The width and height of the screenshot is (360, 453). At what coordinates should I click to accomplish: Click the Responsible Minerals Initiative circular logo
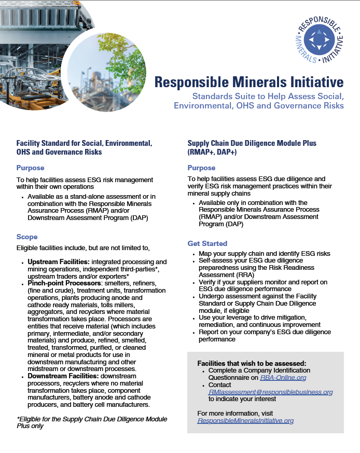click(319, 40)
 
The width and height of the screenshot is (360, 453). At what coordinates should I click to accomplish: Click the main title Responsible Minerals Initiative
click(249, 82)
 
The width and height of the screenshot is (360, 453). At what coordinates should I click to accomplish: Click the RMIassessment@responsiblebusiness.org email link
click(270, 392)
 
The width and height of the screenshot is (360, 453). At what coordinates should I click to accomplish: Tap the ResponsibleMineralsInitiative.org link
click(245, 421)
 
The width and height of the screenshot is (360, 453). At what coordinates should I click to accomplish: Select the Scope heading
click(27, 237)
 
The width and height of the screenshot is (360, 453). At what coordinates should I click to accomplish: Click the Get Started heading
click(207, 243)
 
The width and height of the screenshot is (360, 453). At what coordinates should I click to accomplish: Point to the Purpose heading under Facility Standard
click(30, 168)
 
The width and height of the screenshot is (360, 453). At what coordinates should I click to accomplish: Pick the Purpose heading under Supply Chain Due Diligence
click(201, 168)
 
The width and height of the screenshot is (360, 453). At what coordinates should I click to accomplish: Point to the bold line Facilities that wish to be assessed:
click(252, 363)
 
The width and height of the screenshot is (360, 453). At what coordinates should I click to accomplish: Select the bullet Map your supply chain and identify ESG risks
click(264, 254)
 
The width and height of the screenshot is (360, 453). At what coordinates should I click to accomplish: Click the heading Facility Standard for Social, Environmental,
click(84, 143)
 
